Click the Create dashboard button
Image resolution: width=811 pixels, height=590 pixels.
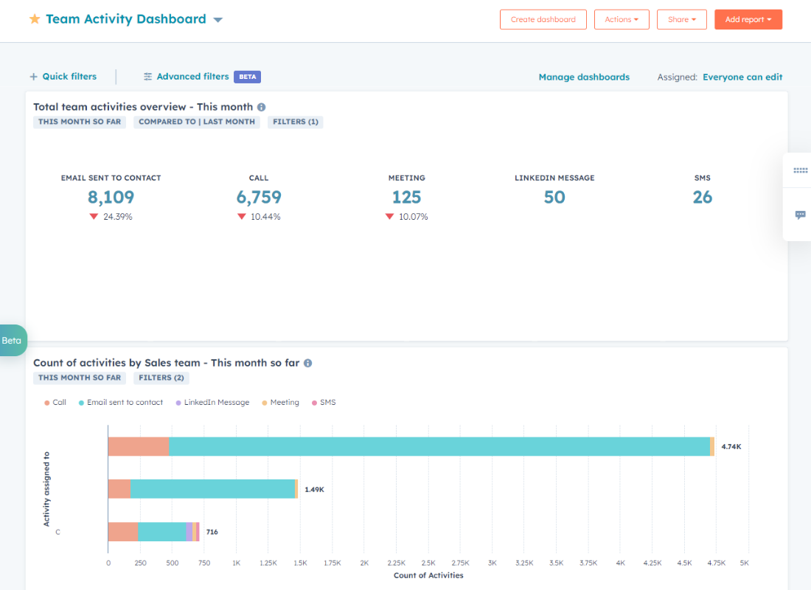(x=543, y=19)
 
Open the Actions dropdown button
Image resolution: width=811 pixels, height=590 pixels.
(x=621, y=19)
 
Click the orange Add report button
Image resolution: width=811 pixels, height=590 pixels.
(x=748, y=19)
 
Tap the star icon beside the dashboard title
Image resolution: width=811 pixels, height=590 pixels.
(x=35, y=19)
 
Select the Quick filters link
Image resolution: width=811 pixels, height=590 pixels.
(x=63, y=77)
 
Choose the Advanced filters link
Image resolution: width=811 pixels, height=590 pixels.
(x=192, y=77)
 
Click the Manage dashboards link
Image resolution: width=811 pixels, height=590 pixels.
(x=584, y=77)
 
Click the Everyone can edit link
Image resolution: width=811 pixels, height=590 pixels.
(x=742, y=77)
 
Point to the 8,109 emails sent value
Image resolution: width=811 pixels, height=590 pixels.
(x=111, y=197)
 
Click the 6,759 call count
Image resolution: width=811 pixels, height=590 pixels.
(x=259, y=197)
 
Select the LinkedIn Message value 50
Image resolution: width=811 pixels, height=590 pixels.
(x=554, y=197)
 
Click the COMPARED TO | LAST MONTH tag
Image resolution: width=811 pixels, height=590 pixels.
(x=197, y=122)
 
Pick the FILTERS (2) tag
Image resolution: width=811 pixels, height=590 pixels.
(x=161, y=378)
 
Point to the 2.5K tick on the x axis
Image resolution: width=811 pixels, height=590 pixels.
(x=428, y=562)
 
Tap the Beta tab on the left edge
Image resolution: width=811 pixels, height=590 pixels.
(x=12, y=341)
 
